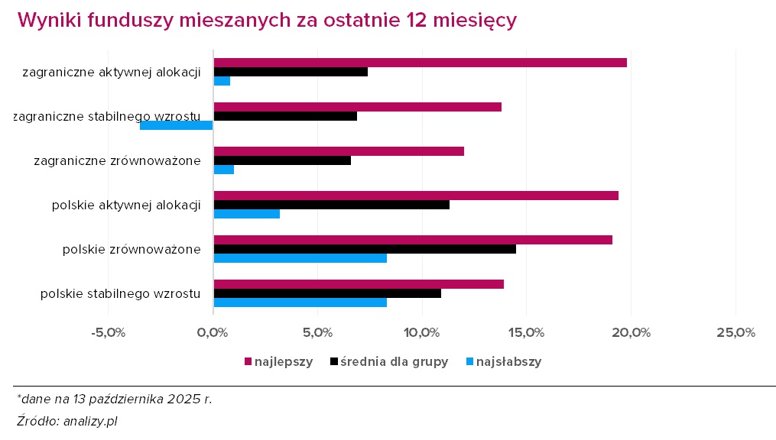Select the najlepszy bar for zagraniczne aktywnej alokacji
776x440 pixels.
point(420,63)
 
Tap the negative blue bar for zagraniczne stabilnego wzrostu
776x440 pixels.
point(177,125)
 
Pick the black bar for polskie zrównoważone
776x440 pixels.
point(365,249)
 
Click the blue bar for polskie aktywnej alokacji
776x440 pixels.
point(247,214)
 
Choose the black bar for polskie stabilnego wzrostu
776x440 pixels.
point(327,293)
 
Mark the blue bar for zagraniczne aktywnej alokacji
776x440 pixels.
point(222,81)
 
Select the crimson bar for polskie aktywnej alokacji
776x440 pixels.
point(416,196)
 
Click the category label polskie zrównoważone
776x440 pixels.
point(131,249)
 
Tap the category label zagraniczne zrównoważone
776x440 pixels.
point(118,160)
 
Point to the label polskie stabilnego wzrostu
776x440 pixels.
point(121,293)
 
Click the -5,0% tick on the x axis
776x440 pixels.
point(108,333)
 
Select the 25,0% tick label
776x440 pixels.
point(735,333)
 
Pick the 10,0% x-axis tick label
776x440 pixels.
point(421,333)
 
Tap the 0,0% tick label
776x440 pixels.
point(213,333)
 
